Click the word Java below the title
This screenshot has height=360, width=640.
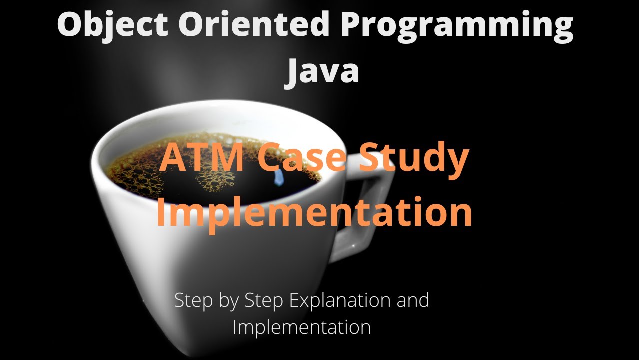(322, 71)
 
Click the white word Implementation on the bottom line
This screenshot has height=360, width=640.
(302, 327)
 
